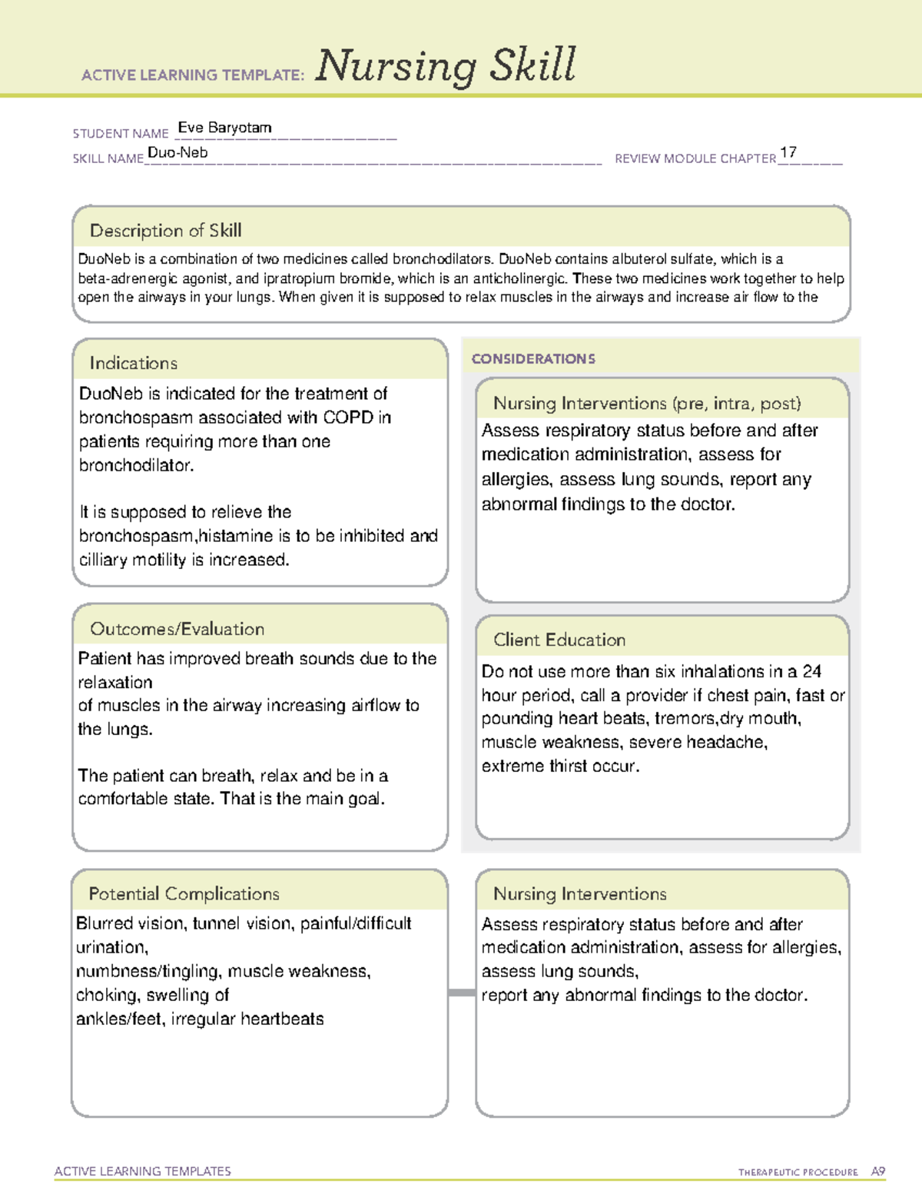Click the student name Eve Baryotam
[224, 128]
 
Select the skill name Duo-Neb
[177, 152]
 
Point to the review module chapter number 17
[788, 152]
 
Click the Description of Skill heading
[165, 231]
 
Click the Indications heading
[133, 363]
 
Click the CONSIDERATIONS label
[533, 359]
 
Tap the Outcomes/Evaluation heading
[177, 629]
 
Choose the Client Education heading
[559, 640]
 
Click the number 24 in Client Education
[811, 671]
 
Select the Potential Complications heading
[184, 893]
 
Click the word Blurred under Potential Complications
[104, 923]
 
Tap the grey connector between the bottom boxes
[462, 993]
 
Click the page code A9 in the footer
[878, 1172]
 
